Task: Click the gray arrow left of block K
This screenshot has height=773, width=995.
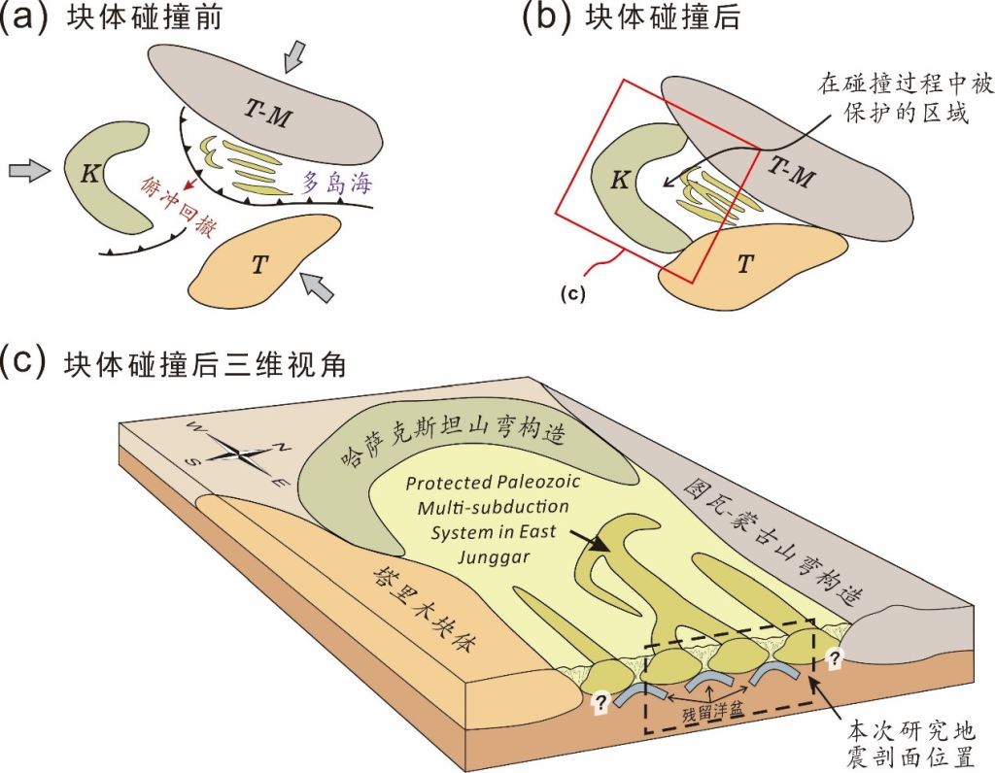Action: point(27,172)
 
